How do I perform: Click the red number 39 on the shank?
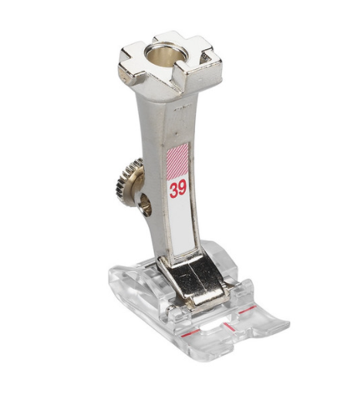click(x=178, y=190)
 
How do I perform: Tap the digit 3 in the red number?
click(x=173, y=191)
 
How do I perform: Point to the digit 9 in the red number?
click(x=183, y=189)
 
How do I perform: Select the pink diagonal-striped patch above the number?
click(x=178, y=161)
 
